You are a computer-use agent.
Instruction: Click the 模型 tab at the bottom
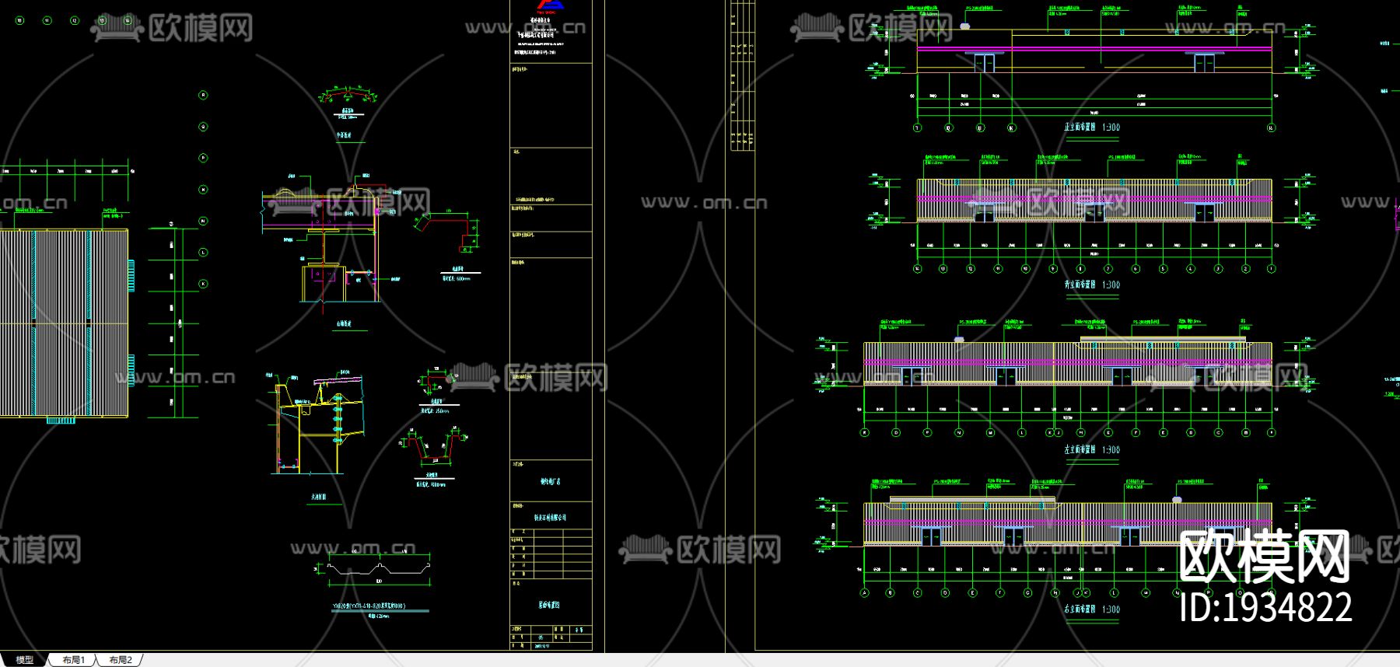click(x=25, y=660)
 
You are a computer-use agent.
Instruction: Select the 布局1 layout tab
click(x=73, y=660)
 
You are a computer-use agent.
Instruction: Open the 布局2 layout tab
click(x=121, y=660)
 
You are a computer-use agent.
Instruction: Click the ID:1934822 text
click(x=1265, y=607)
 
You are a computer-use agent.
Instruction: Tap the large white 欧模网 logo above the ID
click(x=1265, y=557)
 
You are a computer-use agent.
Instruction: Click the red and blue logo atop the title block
click(x=551, y=5)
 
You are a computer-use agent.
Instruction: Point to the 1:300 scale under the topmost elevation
click(x=1111, y=127)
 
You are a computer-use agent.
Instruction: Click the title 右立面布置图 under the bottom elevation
click(x=1080, y=609)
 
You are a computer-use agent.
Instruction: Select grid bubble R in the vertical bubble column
click(x=204, y=96)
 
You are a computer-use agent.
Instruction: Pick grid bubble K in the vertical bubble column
click(x=204, y=284)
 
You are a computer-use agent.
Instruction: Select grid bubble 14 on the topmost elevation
click(x=1271, y=127)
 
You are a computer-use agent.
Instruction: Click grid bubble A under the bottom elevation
click(x=864, y=593)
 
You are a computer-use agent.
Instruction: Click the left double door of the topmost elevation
click(x=985, y=63)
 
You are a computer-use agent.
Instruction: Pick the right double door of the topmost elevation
click(x=1204, y=63)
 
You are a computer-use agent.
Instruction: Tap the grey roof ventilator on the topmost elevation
click(x=965, y=26)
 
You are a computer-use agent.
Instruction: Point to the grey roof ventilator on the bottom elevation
click(x=1178, y=499)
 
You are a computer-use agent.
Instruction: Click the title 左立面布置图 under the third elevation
click(x=1080, y=450)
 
